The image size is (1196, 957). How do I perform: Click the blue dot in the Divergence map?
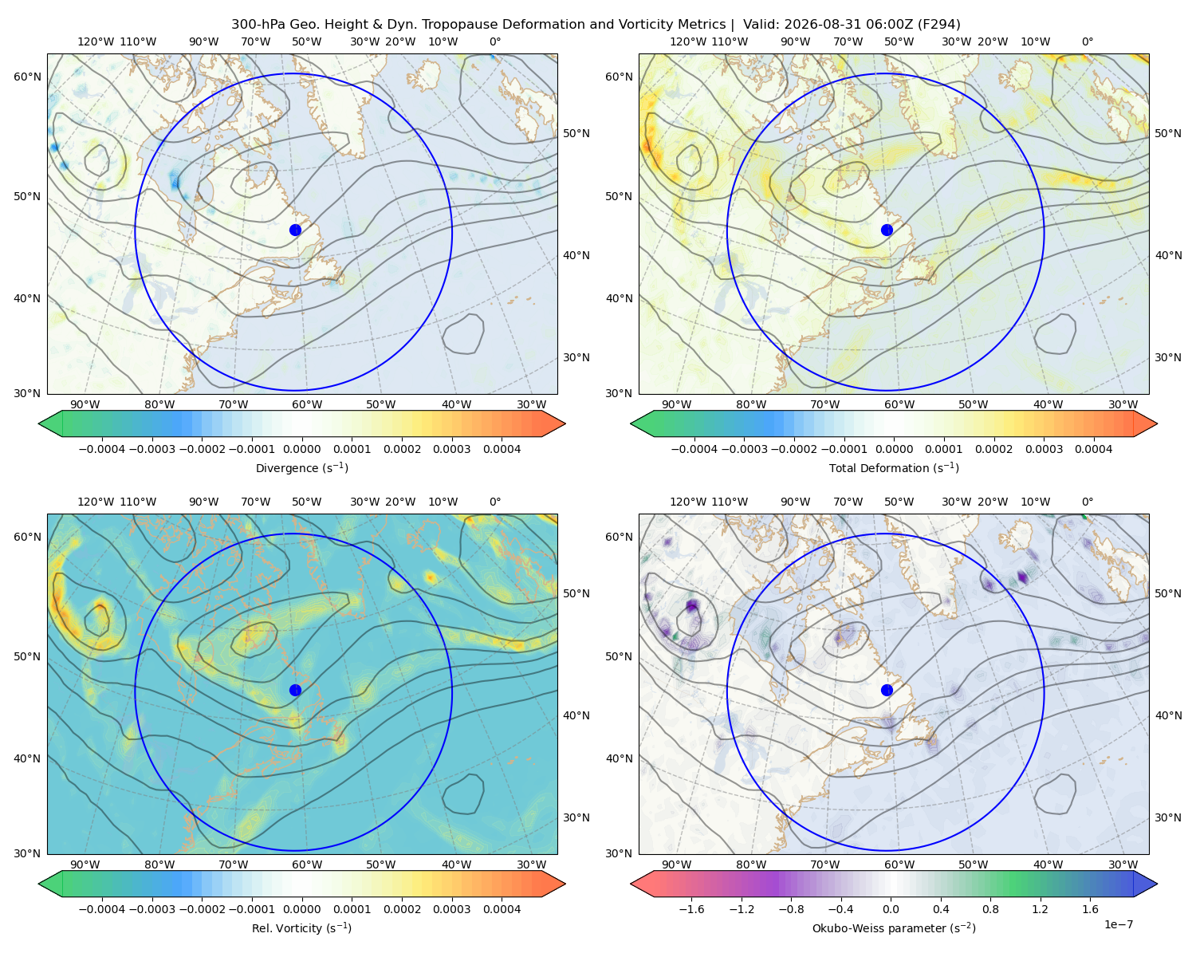[295, 230]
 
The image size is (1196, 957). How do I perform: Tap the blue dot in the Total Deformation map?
[887, 230]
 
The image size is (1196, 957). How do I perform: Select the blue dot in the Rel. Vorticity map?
[295, 690]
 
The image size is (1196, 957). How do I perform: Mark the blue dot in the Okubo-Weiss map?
[887, 690]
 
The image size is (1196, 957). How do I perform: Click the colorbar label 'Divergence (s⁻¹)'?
[301, 467]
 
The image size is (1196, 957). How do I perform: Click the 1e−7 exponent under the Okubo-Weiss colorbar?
[1118, 924]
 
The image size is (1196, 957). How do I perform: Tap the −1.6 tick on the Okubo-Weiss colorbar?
[691, 909]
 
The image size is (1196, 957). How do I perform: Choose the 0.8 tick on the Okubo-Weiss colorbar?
[990, 909]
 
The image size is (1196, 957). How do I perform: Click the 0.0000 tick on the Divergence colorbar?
[301, 449]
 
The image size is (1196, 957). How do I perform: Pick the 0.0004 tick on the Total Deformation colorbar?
[1094, 449]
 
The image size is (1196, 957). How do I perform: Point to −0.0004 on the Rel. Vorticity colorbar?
[102, 909]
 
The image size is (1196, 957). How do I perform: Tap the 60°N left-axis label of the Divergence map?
[27, 77]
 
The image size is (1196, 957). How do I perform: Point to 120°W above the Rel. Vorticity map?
[96, 502]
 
